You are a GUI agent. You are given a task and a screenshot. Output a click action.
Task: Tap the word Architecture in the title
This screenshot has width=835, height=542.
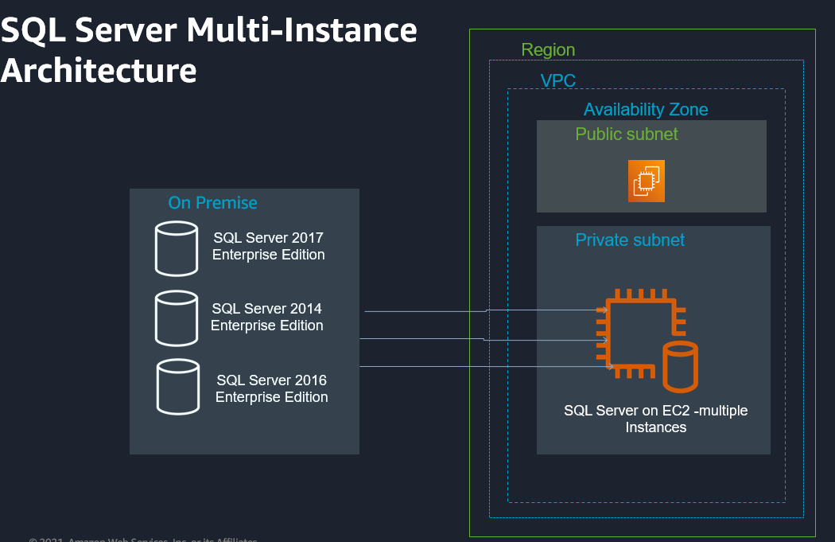(x=99, y=70)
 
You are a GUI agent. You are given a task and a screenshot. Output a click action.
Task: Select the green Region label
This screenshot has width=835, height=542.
(x=548, y=50)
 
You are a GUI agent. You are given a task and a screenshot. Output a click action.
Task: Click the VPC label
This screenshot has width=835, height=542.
(x=557, y=80)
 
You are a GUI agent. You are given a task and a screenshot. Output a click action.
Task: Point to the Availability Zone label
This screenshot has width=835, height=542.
(x=646, y=109)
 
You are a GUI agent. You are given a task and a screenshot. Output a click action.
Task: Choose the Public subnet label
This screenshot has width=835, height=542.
(x=627, y=134)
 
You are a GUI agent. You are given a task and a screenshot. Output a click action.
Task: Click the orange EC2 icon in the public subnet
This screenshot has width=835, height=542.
(x=646, y=181)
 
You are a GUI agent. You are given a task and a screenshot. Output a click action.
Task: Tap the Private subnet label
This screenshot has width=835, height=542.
(x=630, y=240)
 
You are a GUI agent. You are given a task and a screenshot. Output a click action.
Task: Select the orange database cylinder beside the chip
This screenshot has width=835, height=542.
(x=680, y=366)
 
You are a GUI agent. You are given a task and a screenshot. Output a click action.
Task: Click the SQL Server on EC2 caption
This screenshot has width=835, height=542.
(x=655, y=419)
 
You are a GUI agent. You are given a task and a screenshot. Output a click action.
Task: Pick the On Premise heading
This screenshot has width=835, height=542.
(x=212, y=203)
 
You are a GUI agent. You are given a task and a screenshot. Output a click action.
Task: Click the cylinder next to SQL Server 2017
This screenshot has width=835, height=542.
(x=176, y=248)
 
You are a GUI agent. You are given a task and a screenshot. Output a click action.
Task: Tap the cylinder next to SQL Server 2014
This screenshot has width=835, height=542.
(x=176, y=318)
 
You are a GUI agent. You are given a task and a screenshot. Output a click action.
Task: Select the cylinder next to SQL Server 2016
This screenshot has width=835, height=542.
(x=177, y=387)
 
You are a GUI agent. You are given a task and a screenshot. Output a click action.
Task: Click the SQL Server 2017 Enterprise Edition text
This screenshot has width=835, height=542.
(x=268, y=246)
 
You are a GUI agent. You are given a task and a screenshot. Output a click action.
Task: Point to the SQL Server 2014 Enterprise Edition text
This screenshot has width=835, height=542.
(x=266, y=317)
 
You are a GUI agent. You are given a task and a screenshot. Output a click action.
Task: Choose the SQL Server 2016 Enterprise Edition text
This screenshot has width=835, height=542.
(x=271, y=388)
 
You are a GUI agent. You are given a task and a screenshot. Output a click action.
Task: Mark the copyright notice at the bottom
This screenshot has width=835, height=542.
(x=143, y=539)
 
